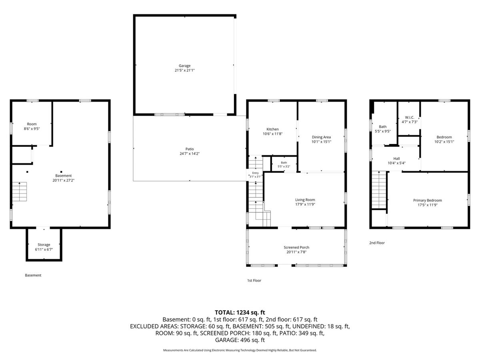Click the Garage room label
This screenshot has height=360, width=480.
(184, 66)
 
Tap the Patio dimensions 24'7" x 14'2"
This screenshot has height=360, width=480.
(190, 154)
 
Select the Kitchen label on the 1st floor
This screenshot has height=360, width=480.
(272, 129)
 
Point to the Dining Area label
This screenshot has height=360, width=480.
(321, 137)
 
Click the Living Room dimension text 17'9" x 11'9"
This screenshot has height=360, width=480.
(305, 204)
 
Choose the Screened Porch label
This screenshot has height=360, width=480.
(296, 247)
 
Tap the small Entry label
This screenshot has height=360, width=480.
(255, 173)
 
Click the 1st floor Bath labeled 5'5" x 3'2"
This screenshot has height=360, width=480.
(284, 163)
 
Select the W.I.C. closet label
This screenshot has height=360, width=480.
(409, 117)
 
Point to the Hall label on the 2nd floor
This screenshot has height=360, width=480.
(396, 158)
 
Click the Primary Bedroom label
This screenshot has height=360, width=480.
(427, 200)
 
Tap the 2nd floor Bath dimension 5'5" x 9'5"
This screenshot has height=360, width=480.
(383, 131)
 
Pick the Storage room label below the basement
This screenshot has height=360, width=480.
(44, 244)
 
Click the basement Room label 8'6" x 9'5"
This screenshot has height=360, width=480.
(32, 124)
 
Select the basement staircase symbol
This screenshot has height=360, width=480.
(20, 192)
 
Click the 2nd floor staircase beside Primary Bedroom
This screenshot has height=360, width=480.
(379, 190)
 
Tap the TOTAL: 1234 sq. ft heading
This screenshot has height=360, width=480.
(240, 312)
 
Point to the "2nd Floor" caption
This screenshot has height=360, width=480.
(377, 243)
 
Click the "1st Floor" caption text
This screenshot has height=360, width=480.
(254, 280)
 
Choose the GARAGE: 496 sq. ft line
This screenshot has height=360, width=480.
(240, 340)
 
